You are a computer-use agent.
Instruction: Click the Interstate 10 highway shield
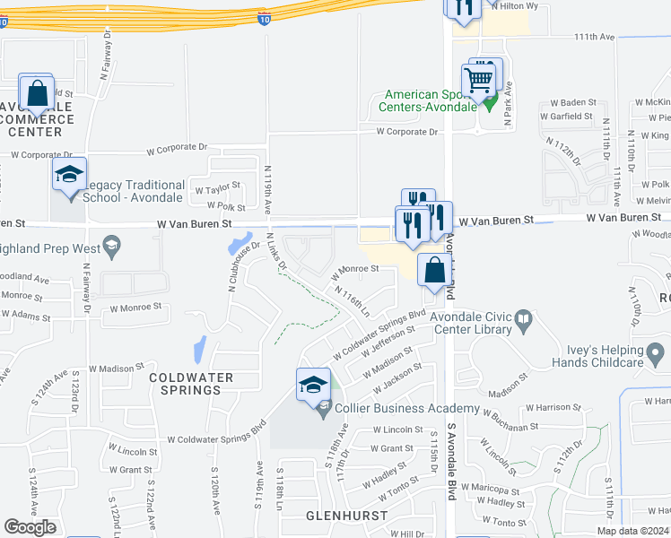262,18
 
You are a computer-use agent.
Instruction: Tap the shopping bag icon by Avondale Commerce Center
37,93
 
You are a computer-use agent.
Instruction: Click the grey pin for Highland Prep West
111,245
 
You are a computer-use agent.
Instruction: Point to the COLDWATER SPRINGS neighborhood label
186,384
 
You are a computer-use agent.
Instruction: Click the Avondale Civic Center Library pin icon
522,318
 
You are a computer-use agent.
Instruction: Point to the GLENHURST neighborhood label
346,516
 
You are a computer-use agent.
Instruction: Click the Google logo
30,527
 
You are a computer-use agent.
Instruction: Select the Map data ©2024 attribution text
632,531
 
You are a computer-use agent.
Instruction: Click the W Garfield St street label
566,117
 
